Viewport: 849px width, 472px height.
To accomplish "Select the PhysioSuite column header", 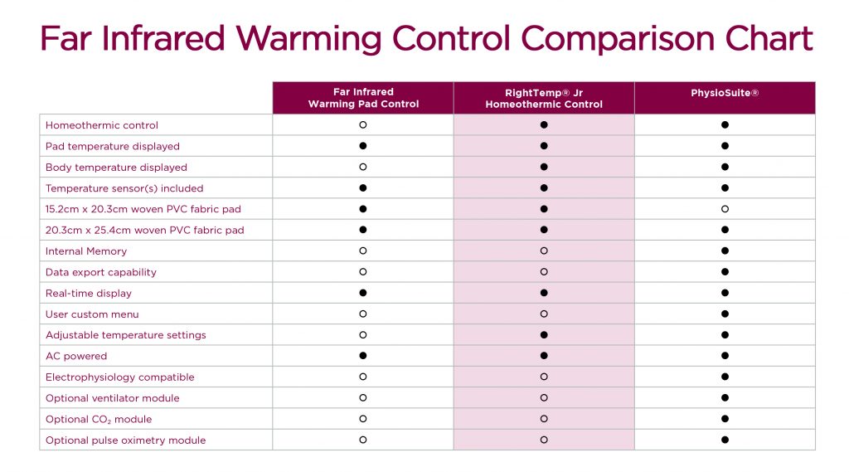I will tap(725, 93).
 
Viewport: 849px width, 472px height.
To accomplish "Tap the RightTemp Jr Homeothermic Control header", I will tap(544, 98).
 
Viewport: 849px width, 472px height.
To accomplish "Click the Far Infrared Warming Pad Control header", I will tap(363, 98).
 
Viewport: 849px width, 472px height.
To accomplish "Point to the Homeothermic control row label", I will tap(102, 125).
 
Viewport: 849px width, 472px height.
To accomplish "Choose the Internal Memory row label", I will tap(86, 251).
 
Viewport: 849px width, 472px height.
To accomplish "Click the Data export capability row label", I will tap(101, 272).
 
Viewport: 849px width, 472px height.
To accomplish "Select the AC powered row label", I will tap(76, 357).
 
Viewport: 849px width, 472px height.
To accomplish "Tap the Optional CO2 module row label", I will tap(99, 420).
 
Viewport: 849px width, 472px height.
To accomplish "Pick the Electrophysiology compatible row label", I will tap(120, 377).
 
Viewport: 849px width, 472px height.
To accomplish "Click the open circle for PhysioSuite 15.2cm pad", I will tap(725, 209).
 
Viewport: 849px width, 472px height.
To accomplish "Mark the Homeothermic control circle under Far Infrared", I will tap(363, 125).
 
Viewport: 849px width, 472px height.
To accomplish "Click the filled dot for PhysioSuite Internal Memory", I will tap(725, 251).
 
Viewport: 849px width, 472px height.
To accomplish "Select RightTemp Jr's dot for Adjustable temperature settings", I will tap(544, 335).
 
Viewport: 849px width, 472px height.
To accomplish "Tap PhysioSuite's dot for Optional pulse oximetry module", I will tap(725, 440).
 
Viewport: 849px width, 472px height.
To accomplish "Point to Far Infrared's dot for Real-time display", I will tap(363, 294).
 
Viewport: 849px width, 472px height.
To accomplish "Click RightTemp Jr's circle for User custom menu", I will tap(544, 314).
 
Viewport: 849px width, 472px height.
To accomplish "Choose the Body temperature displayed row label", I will tap(117, 168).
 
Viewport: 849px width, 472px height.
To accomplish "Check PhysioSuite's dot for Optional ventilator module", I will tap(725, 398).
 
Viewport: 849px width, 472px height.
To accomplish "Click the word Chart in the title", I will tap(768, 39).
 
